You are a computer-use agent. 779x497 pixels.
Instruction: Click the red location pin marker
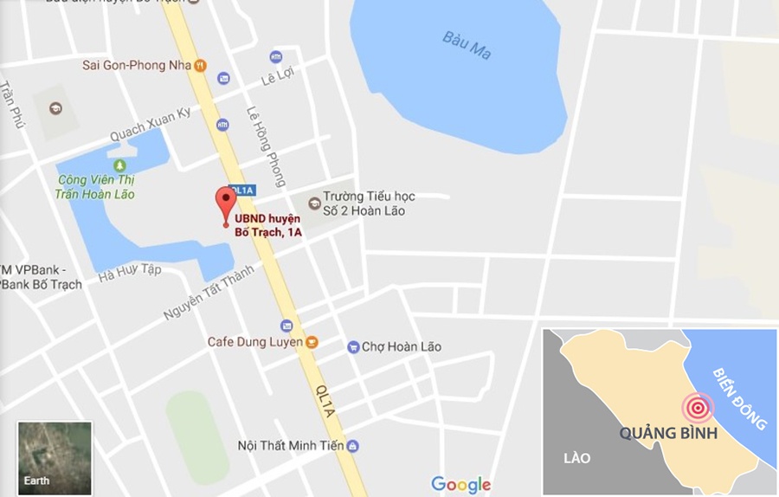click(x=226, y=203)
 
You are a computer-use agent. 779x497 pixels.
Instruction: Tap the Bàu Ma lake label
click(x=467, y=45)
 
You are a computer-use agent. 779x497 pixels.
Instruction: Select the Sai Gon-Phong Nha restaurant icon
click(x=200, y=64)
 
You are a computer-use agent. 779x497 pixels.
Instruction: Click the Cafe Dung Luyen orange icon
click(x=312, y=342)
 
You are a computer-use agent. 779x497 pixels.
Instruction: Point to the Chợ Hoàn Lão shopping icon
click(x=353, y=347)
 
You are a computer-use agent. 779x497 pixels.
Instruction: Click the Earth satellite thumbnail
click(x=55, y=458)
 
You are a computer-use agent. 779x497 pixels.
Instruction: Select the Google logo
click(x=460, y=485)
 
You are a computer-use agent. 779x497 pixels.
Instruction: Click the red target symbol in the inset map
click(x=697, y=407)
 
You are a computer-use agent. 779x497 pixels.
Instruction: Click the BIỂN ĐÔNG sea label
click(x=739, y=399)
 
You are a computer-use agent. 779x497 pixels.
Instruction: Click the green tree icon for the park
click(x=119, y=165)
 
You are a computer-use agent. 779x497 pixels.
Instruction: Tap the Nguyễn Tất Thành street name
click(x=208, y=293)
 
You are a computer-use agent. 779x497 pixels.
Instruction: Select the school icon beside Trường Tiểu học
click(x=313, y=197)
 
